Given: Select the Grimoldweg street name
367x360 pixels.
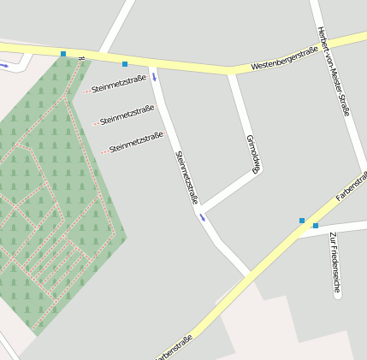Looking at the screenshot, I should pos(252,154).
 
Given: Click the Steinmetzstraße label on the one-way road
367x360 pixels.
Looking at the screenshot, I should pos(186,177).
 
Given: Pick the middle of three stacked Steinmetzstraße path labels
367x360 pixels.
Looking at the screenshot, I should pos(127,115).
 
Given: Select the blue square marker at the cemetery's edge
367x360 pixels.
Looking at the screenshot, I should pos(62,54).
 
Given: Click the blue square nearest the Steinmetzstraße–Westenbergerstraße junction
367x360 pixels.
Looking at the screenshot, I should pos(125,64).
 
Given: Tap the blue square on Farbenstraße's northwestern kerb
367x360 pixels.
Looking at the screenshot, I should pos(301,221).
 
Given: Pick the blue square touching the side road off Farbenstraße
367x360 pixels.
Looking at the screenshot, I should pos(315,226).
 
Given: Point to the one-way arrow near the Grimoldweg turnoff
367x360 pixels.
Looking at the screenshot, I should pos(203,217).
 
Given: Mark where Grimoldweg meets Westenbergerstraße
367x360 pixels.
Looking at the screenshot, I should pos(230,70).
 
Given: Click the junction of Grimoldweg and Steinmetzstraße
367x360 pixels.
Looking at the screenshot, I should pos(203,208).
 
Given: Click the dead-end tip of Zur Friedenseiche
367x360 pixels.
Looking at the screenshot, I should pos(337,296).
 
